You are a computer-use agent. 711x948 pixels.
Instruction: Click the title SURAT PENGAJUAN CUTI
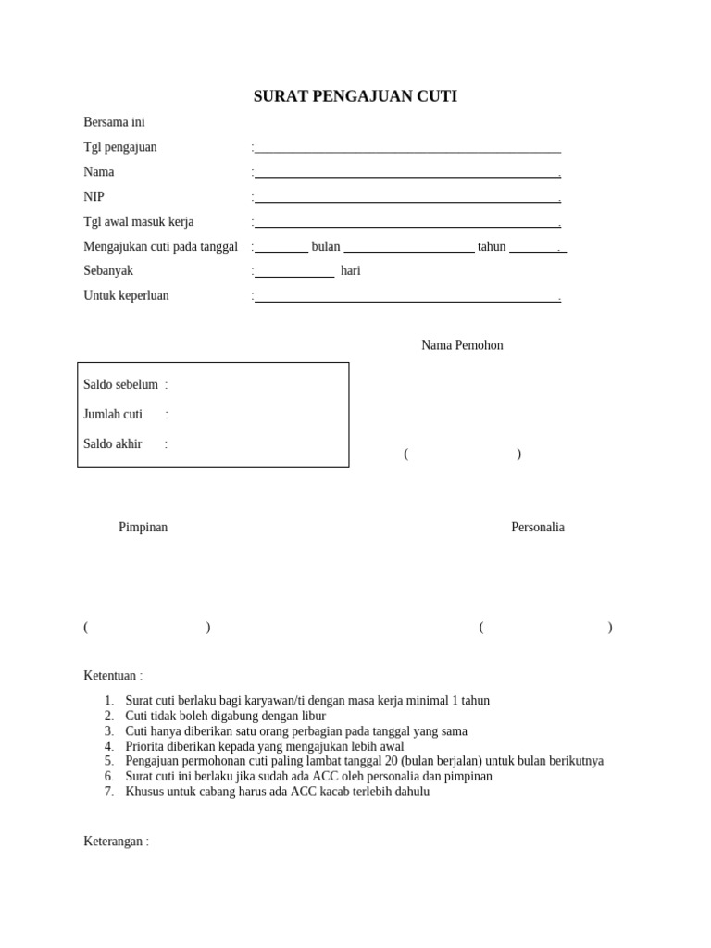click(355, 96)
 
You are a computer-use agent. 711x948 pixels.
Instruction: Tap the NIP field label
click(94, 196)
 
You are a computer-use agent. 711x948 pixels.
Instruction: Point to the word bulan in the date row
click(326, 246)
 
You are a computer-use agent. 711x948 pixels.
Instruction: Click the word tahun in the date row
click(492, 246)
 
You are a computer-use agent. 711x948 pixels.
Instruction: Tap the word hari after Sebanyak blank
click(351, 270)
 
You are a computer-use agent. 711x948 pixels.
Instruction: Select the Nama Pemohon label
click(462, 345)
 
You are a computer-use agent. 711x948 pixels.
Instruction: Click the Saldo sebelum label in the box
click(120, 384)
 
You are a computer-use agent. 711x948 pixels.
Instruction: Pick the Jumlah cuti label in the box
click(113, 414)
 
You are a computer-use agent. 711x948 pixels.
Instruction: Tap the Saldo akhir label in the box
click(112, 443)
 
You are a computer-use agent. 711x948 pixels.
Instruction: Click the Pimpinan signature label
click(143, 527)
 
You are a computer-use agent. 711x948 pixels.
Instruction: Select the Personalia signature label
click(538, 527)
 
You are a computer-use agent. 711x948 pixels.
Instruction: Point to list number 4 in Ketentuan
click(108, 746)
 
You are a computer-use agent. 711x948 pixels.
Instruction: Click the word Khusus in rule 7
click(143, 792)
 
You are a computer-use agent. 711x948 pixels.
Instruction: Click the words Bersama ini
click(114, 122)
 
